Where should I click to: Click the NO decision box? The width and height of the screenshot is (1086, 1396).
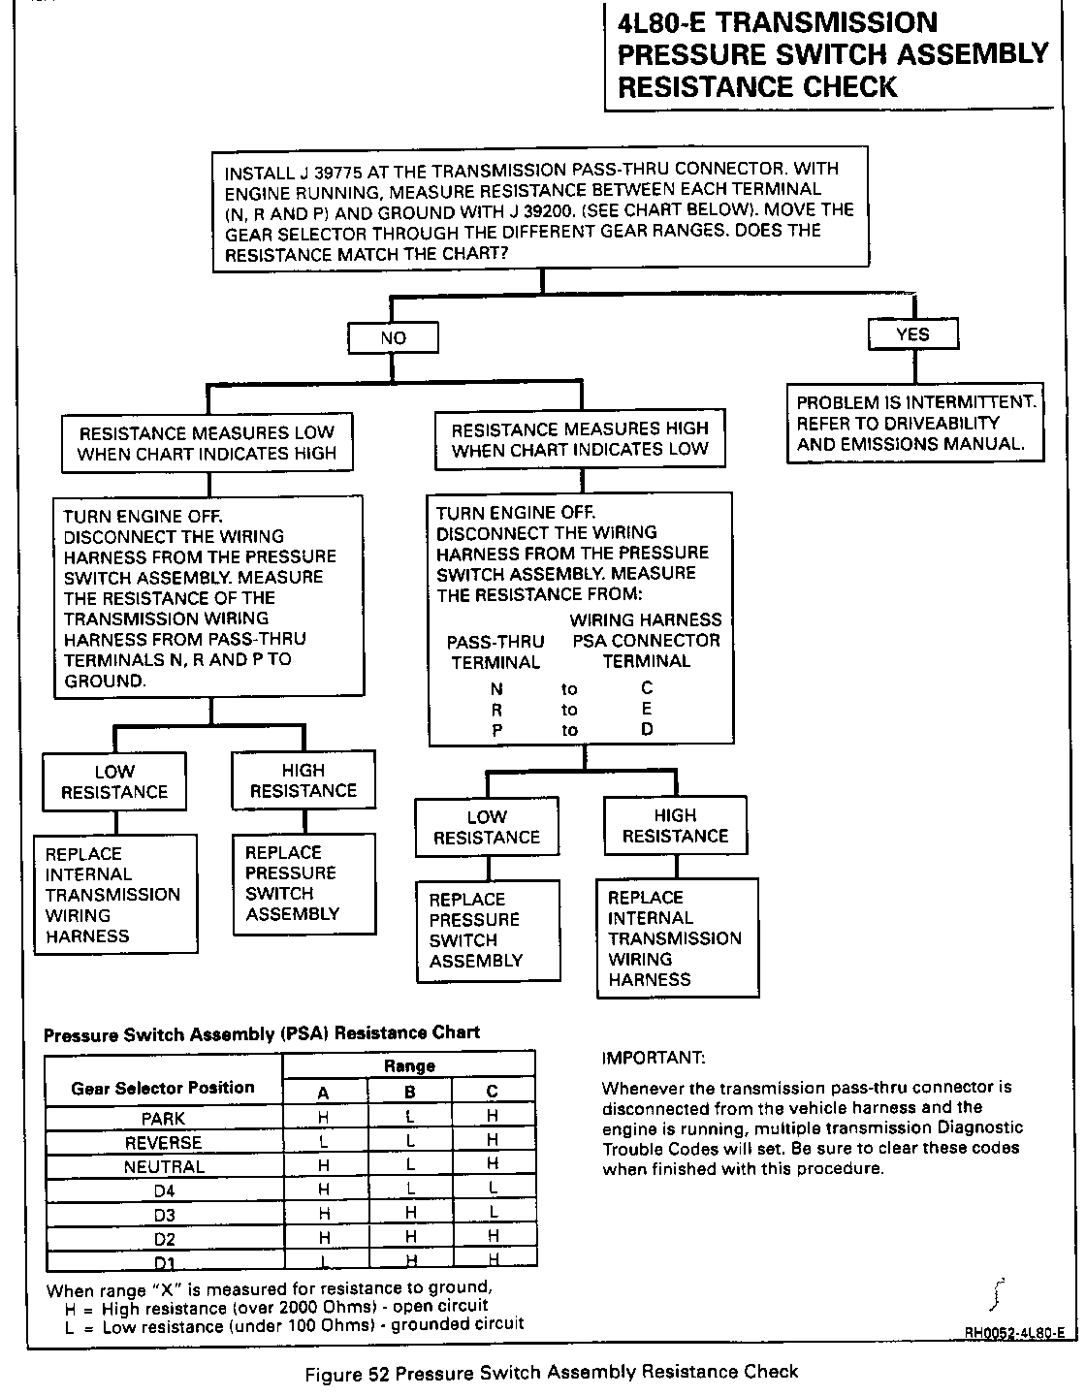pos(393,337)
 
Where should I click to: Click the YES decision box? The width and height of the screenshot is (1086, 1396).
pos(912,334)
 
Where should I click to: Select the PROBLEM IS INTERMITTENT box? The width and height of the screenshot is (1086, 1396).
pos(915,423)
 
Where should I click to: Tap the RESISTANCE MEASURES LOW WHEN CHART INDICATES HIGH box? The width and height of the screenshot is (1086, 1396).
pos(207,443)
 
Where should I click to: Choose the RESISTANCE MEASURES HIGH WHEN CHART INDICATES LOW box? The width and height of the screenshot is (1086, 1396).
pos(580,439)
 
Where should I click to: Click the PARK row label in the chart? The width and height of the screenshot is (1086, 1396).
pos(163,1119)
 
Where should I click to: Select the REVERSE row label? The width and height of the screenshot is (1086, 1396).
pos(163,1143)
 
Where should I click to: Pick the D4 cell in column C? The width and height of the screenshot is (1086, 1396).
pos(493,1189)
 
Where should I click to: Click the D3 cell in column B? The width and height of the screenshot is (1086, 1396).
pos(410,1213)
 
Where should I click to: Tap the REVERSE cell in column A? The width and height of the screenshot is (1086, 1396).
pos(324,1143)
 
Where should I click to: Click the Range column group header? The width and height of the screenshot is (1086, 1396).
pos(409,1066)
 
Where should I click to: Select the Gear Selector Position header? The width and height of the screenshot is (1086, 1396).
pos(163,1088)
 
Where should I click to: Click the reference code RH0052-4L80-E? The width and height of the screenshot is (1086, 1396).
pos(1014,1333)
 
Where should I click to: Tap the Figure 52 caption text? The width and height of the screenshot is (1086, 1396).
pos(551,1372)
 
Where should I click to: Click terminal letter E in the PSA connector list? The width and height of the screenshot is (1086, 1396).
pos(647,709)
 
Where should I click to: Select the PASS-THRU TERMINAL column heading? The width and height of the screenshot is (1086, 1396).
pos(495,651)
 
